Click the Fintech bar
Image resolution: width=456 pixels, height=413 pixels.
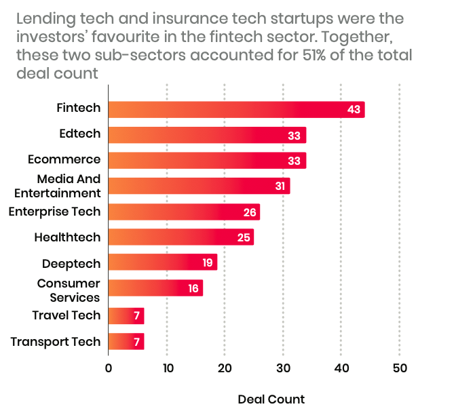point(236,110)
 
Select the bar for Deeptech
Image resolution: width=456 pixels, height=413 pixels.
point(163,262)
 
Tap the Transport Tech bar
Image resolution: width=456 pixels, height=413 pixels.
point(126,342)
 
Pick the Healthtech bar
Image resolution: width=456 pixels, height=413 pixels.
point(181,237)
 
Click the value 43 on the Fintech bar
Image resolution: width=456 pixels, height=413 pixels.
point(354,110)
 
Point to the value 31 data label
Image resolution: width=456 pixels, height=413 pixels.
point(280,186)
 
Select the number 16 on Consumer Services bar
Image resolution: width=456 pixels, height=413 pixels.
point(193,288)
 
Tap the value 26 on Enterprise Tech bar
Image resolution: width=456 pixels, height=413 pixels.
point(250,212)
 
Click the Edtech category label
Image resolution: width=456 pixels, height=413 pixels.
point(80,134)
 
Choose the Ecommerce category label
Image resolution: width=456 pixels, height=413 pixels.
point(64,159)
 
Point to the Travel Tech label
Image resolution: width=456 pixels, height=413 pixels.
point(66,315)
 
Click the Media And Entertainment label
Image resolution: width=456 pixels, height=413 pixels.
point(58,186)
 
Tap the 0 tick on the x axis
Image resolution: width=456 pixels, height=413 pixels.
point(109,368)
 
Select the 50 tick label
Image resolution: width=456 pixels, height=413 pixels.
point(400,368)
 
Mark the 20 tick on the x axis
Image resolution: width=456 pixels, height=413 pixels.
point(225,368)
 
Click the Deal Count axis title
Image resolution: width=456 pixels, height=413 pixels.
point(271,399)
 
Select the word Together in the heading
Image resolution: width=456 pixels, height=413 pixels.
point(357,37)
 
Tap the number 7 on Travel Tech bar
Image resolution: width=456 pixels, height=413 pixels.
point(136,315)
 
